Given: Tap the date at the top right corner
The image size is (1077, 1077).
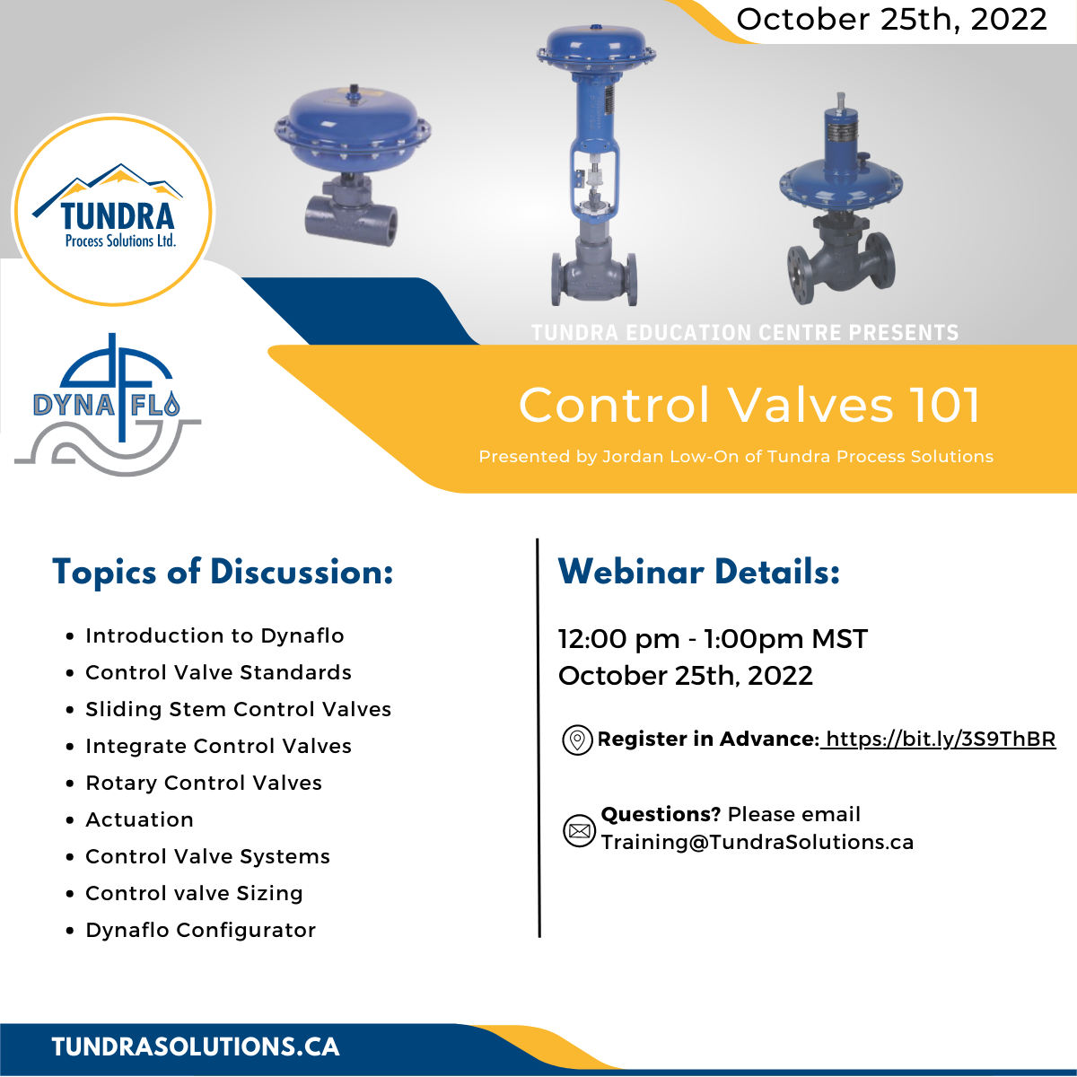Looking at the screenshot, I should tap(891, 20).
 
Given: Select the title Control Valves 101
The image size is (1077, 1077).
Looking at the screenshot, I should tap(749, 405).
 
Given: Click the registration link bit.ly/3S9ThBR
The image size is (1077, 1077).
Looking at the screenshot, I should tap(940, 739).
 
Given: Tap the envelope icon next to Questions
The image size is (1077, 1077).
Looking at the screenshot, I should tap(579, 830).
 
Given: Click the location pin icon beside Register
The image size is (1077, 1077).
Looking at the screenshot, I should tap(577, 740).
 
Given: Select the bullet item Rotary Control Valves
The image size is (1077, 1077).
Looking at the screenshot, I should tap(204, 783).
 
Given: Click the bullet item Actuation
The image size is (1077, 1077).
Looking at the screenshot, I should tap(139, 819).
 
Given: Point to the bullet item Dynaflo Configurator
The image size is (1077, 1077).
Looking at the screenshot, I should tap(200, 930).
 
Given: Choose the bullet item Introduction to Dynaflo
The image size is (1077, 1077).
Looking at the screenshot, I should tap(215, 635).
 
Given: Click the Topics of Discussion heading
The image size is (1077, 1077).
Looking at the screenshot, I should tap(223, 572).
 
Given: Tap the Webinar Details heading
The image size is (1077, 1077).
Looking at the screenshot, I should tap(698, 572).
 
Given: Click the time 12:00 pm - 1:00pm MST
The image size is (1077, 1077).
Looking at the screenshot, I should tap(713, 639).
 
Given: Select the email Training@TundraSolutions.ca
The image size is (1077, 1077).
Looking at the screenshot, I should tap(757, 842).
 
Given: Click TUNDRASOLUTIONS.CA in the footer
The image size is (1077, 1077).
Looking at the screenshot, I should tap(196, 1046).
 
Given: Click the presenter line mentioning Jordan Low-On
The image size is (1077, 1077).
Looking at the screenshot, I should tap(736, 457).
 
